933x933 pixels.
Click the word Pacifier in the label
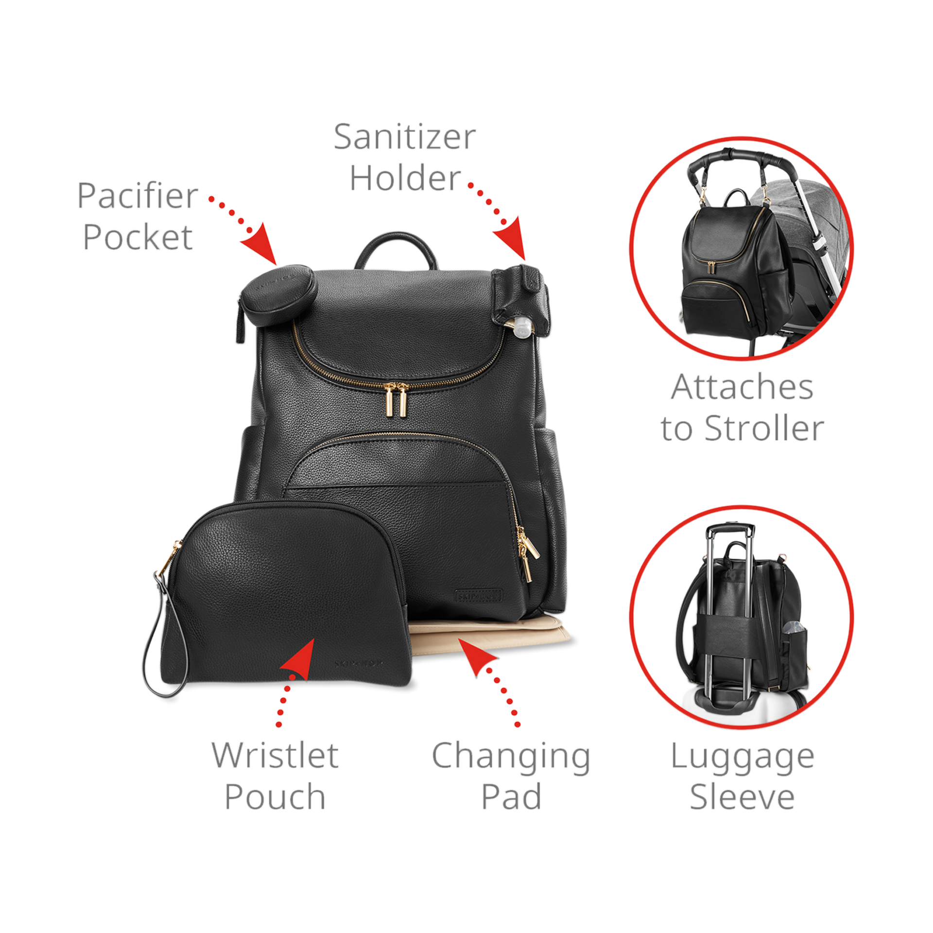click(x=138, y=196)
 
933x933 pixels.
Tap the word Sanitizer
click(x=404, y=137)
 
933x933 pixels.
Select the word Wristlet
click(x=275, y=755)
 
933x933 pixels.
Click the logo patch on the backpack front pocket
click(x=478, y=595)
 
